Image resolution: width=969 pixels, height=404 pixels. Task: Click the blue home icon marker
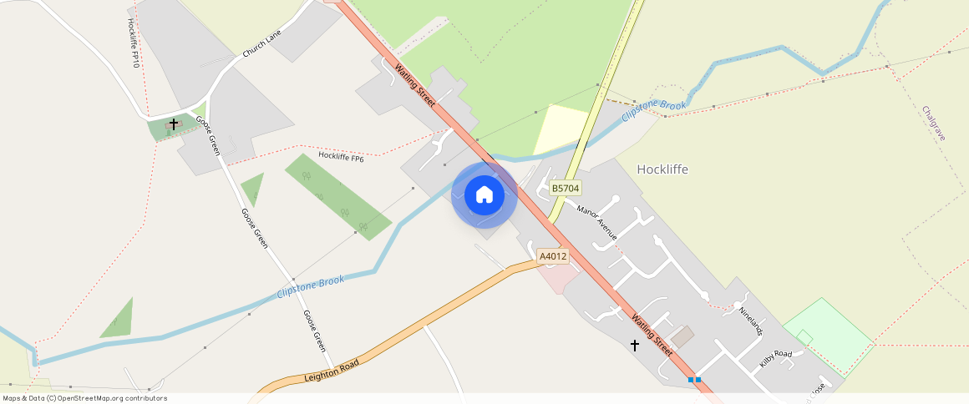484,194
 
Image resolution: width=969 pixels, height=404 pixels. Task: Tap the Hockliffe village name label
662,169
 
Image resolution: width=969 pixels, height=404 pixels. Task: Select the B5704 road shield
566,189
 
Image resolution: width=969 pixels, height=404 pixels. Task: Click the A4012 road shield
553,256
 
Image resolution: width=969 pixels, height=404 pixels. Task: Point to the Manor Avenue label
596,222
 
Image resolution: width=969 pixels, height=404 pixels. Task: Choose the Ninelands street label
751,321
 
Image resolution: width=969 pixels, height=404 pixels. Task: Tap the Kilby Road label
775,359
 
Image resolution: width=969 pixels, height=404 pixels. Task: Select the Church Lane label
262,43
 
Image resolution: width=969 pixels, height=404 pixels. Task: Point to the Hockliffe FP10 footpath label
133,43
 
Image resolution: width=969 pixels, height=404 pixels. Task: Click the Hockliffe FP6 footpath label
341,157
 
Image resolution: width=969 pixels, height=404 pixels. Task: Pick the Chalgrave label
933,123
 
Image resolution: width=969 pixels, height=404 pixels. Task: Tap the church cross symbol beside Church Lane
174,124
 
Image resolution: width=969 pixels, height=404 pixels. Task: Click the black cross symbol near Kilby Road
634,345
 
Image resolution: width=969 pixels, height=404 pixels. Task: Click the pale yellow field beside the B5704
560,128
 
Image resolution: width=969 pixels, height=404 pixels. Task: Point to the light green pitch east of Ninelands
827,334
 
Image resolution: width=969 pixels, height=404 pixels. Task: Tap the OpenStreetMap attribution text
85,398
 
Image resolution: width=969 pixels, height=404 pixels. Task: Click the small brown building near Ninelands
682,336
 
